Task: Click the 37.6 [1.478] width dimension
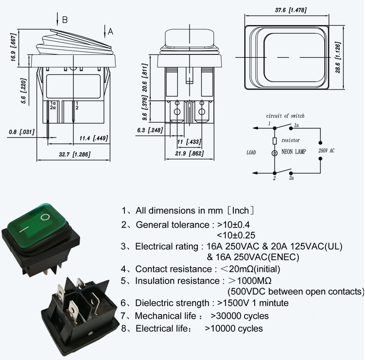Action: (291, 10)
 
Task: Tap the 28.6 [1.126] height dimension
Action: (338, 57)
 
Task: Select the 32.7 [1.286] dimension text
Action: (74, 154)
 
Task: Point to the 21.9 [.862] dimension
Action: (189, 154)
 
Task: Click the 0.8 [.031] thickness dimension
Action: (22, 132)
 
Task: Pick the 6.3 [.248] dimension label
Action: (150, 130)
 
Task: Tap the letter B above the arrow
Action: (65, 20)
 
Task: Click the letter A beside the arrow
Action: (110, 32)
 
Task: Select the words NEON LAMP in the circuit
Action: (294, 152)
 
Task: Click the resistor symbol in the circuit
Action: (275, 141)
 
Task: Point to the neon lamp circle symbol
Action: (275, 153)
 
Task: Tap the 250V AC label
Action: (326, 151)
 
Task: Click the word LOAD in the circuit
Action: (251, 153)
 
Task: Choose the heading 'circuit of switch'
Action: (285, 116)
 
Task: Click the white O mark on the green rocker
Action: (45, 217)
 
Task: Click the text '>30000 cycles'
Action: (240, 316)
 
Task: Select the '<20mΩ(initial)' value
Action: (250, 269)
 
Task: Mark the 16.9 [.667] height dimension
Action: (13, 47)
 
